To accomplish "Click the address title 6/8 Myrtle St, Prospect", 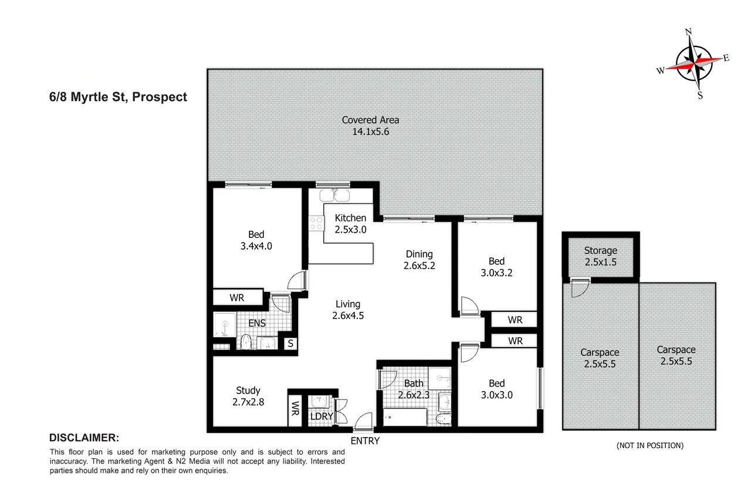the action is (x=118, y=97).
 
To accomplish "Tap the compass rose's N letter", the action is (x=689, y=32).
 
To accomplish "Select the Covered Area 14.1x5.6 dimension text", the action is (x=370, y=132).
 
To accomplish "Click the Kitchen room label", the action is (x=350, y=218).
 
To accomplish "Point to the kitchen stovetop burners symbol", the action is (x=316, y=224).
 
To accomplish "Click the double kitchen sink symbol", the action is (x=334, y=196).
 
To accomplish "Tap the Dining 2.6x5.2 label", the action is (x=419, y=260).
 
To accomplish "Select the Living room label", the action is (x=348, y=304).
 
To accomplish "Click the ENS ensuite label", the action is (x=257, y=323).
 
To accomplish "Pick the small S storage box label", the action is (x=290, y=343).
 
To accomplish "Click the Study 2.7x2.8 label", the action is (x=248, y=396).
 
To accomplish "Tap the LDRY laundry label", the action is (x=322, y=416).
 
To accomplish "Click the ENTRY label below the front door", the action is (x=365, y=441).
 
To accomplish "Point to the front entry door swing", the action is (x=363, y=422).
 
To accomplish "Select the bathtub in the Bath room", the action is (x=405, y=417).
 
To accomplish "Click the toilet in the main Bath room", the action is (x=444, y=419).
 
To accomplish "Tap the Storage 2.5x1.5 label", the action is (x=600, y=256).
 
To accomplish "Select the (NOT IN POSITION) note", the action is (x=649, y=445).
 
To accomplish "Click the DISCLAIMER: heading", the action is (x=84, y=438).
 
